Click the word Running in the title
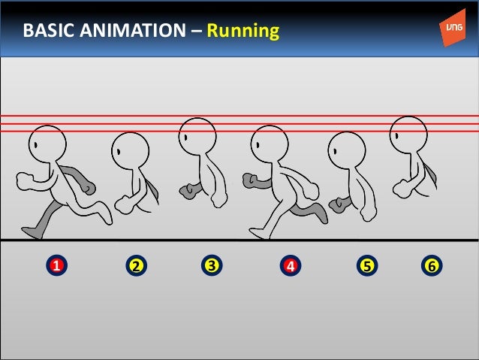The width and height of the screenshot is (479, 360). tap(243, 32)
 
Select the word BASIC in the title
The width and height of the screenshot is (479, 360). tap(47, 32)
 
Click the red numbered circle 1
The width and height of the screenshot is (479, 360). tap(56, 265)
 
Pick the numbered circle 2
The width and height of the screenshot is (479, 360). tap(136, 265)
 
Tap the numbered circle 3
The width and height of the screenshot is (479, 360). tap(212, 265)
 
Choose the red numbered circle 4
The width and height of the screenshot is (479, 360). tap(290, 265)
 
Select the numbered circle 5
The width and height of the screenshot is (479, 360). tap(366, 265)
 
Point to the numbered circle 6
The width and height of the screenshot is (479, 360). tap(431, 265)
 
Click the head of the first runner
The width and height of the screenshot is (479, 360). tap(48, 144)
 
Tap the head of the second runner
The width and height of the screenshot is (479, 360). tap(130, 151)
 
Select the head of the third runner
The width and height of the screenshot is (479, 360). tap(197, 136)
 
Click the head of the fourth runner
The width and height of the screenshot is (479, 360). tap(270, 144)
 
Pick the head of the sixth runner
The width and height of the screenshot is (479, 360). tap(409, 134)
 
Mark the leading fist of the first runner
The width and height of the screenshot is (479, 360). tap(24, 181)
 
